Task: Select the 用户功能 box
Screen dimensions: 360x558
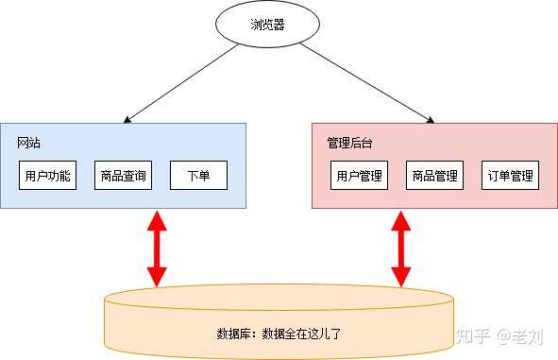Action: (x=47, y=176)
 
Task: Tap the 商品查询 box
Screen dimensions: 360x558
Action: (x=123, y=176)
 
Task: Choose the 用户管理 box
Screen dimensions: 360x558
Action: (x=359, y=176)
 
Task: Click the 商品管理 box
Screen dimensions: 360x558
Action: (x=434, y=176)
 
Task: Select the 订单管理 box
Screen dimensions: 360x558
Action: (x=510, y=176)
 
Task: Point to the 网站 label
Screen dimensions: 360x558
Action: (x=28, y=143)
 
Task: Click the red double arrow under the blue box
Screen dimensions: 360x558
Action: (x=157, y=247)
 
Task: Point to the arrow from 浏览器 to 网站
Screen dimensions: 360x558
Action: (x=179, y=85)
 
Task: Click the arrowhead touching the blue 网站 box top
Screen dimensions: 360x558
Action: (x=127, y=119)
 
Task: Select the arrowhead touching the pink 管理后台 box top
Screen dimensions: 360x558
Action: (x=430, y=120)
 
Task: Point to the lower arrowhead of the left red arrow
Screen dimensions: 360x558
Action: (x=157, y=276)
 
